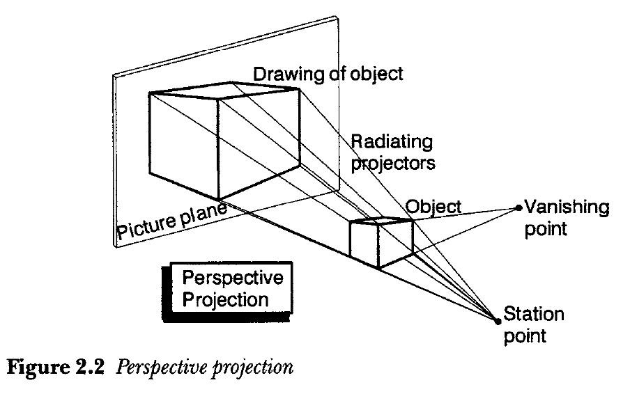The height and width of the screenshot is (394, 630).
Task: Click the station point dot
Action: pos(497,321)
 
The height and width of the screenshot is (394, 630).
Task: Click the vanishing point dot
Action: pos(518,207)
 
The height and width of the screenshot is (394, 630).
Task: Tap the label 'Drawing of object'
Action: pos(328,74)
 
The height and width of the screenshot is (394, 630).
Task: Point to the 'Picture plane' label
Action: pos(171,221)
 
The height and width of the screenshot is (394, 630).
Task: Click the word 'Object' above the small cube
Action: pos(433,206)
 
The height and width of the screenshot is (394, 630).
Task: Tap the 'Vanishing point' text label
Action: pos(566,217)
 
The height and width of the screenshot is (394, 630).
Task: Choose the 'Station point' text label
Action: pos(533,324)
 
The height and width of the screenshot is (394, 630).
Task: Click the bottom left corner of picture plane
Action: pos(114,245)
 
